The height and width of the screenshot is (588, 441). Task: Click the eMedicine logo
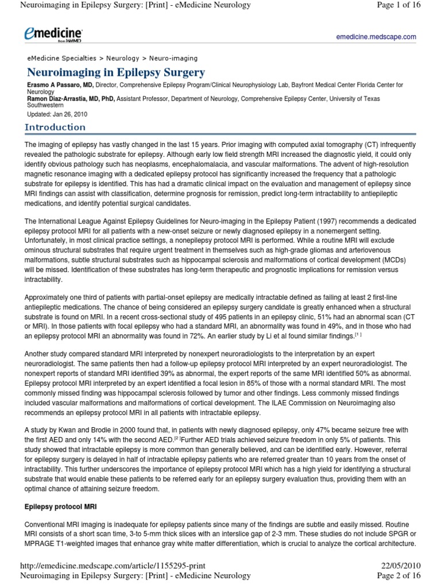tap(53, 35)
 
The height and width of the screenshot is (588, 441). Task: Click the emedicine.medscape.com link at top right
tap(376, 37)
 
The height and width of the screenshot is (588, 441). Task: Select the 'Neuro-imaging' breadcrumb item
tap(173, 58)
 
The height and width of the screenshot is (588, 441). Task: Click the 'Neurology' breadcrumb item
tap(122, 58)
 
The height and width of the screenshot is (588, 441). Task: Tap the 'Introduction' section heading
tap(55, 127)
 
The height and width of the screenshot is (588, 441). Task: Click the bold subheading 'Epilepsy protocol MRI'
tap(61, 507)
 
